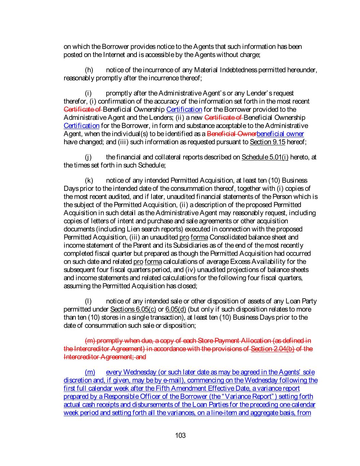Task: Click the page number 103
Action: tap(180, 435)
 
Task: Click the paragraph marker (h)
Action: tap(89, 70)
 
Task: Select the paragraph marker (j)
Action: tap(88, 157)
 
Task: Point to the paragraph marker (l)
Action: tap(88, 301)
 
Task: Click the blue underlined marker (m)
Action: tap(90, 372)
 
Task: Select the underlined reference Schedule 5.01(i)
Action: tap(265, 157)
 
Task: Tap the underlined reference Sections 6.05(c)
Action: tap(133, 309)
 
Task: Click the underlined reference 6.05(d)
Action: tap(175, 309)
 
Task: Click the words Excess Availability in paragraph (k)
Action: tap(259, 262)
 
